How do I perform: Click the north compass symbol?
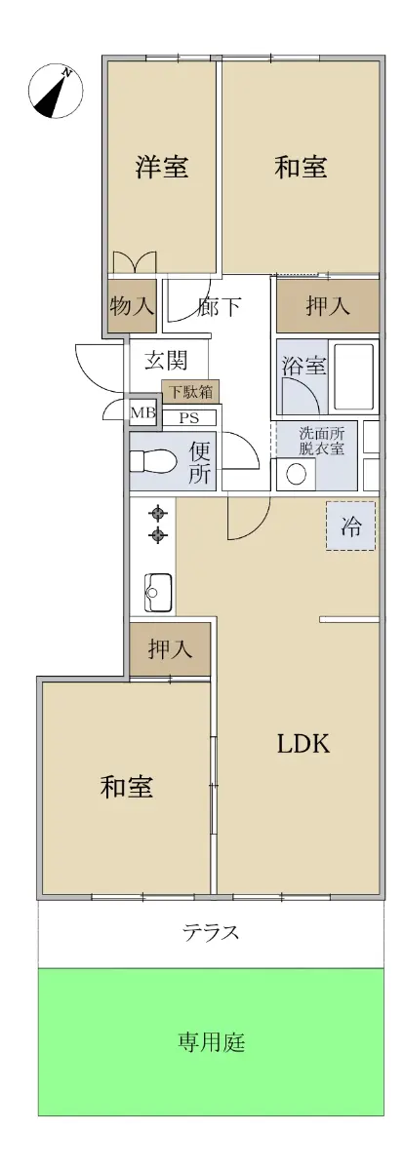(x=56, y=92)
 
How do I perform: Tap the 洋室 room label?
(x=162, y=167)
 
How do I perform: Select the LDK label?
(x=303, y=743)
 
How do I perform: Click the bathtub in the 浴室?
(x=354, y=376)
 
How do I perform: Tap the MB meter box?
(x=142, y=412)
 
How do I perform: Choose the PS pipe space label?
(x=189, y=418)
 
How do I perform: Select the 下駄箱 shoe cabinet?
(x=190, y=392)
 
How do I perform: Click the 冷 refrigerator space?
(x=350, y=526)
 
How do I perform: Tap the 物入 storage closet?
(x=133, y=305)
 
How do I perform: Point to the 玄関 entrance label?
(x=166, y=360)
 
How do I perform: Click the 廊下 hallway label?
(x=219, y=306)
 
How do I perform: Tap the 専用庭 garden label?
(x=211, y=1042)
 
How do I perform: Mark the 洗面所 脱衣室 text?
(x=321, y=441)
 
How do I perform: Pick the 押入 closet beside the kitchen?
(x=171, y=648)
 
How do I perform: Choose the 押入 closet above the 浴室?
(x=328, y=305)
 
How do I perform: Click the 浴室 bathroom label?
(x=304, y=365)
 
